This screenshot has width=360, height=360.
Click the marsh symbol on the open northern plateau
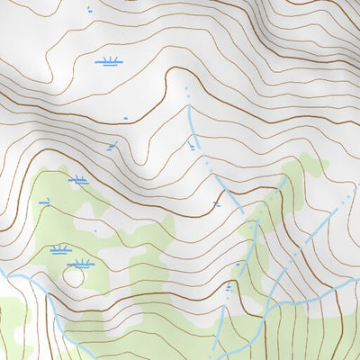pyautogui.click(x=109, y=62)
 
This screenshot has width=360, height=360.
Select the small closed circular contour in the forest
pyautogui.click(x=72, y=276)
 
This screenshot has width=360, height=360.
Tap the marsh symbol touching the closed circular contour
pyautogui.click(x=81, y=264)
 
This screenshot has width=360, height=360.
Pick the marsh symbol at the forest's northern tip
pyautogui.click(x=78, y=180)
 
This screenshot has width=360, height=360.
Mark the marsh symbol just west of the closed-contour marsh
pyautogui.click(x=59, y=249)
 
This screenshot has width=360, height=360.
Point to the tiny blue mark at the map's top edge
pyautogui.click(x=89, y=10)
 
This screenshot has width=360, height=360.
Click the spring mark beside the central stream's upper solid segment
pyautogui.click(x=192, y=145)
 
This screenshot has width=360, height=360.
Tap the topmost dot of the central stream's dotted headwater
pyautogui.click(x=186, y=89)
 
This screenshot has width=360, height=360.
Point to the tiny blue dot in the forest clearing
pyautogui.click(x=94, y=230)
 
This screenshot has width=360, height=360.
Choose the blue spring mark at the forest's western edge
pyautogui.click(x=43, y=202)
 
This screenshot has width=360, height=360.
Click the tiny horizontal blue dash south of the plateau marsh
pyautogui.click(x=126, y=117)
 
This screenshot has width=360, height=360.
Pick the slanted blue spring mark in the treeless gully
pyautogui.click(x=111, y=146)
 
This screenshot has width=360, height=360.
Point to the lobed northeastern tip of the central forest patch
pyautogui.click(x=310, y=162)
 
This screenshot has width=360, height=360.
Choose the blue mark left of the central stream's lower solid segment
pyautogui.click(x=218, y=204)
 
